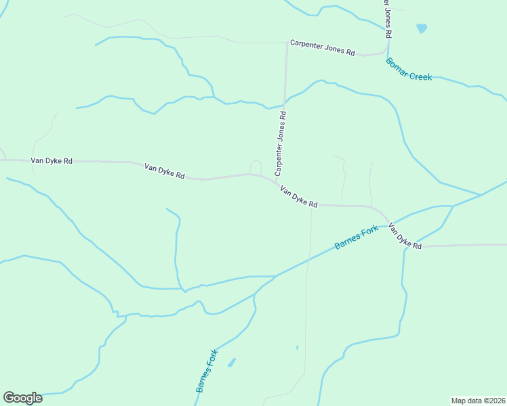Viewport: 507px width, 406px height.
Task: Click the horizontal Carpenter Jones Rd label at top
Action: tap(323, 47)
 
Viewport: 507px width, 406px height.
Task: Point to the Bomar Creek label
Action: tap(409, 68)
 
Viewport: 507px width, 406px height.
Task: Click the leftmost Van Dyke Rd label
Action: tap(52, 161)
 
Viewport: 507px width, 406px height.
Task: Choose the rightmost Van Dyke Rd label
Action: tap(405, 235)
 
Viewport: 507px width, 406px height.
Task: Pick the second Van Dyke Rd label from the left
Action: tap(165, 170)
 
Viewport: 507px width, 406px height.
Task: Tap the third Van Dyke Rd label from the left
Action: tap(298, 198)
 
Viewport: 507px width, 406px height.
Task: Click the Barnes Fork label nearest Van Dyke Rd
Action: tap(357, 238)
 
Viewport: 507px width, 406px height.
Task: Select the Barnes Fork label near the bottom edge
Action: tap(205, 371)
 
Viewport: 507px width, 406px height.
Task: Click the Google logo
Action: tap(22, 398)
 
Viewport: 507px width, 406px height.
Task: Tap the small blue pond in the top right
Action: tap(422, 28)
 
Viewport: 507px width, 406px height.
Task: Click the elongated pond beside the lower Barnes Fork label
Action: tap(232, 362)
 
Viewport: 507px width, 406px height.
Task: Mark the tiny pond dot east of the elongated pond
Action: tap(297, 348)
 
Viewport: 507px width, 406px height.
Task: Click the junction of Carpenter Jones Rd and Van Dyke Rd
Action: tap(275, 181)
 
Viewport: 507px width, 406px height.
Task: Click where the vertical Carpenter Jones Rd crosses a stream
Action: tap(284, 104)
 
